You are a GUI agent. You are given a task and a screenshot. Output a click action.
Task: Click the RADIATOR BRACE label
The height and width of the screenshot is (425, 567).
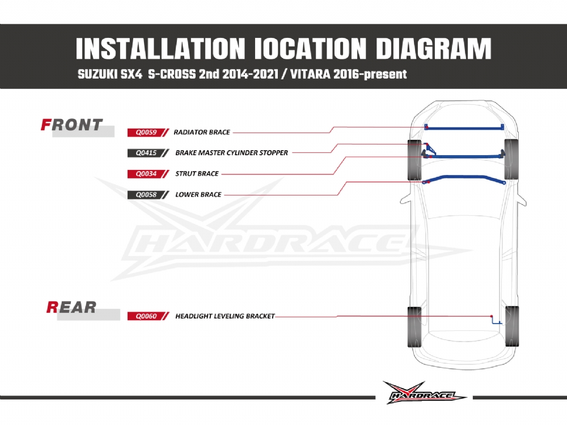pos(202,132)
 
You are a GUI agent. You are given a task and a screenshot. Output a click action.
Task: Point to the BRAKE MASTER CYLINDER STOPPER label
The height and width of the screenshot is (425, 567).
pos(231,153)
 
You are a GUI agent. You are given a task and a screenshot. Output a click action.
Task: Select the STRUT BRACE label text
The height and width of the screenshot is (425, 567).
pos(197,174)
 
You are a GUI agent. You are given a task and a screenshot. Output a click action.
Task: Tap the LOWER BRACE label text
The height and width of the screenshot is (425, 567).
pos(198,195)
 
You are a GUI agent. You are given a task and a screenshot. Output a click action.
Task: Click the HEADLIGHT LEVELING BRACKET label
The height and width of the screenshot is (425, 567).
pos(225,316)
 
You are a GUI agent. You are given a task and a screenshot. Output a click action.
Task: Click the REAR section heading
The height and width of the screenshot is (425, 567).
pos(71,308)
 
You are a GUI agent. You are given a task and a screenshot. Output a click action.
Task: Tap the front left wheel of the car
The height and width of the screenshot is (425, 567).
pos(415,160)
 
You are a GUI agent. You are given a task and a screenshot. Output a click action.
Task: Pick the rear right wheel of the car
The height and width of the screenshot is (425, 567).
pos(511,326)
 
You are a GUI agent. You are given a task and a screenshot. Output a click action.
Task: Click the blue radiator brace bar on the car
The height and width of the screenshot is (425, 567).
pos(464,127)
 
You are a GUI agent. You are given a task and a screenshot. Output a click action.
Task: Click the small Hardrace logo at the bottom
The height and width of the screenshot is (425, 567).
pos(424,393)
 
